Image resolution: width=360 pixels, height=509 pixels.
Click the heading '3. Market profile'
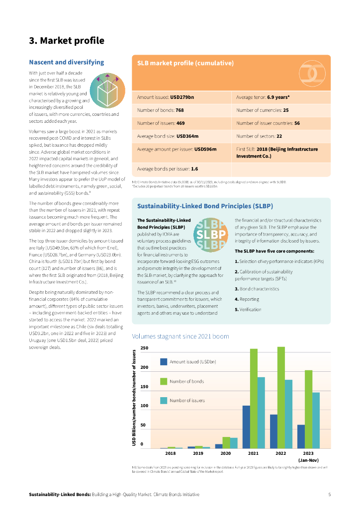(x=67, y=41)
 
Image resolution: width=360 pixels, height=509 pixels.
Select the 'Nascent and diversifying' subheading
(x=67, y=62)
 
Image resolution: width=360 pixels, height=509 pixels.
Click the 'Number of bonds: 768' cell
(x=161, y=110)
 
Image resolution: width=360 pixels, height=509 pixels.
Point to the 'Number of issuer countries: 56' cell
(x=268, y=123)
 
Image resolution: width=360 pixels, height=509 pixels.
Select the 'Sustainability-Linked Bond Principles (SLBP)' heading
(x=205, y=206)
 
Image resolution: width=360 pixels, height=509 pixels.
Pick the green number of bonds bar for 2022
(x=281, y=397)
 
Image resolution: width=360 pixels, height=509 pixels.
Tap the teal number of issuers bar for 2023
(x=316, y=420)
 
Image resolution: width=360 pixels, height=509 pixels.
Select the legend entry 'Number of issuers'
(x=187, y=400)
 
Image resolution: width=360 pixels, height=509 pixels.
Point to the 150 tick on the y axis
(x=145, y=387)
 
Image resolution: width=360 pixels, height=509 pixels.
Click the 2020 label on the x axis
(x=226, y=453)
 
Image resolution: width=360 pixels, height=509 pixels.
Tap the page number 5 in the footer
(x=329, y=494)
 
